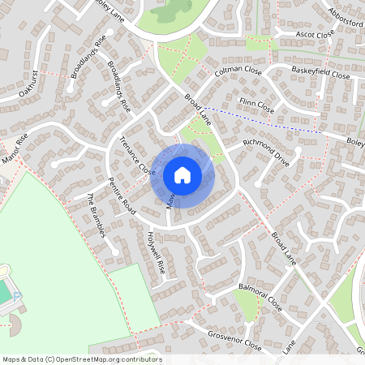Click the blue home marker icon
pos(182,174)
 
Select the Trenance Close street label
pos(136,157)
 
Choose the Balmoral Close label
pos(260,298)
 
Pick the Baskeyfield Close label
pos(320,73)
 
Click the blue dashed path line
pos(268,119)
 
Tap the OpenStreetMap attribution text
pos(81,359)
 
